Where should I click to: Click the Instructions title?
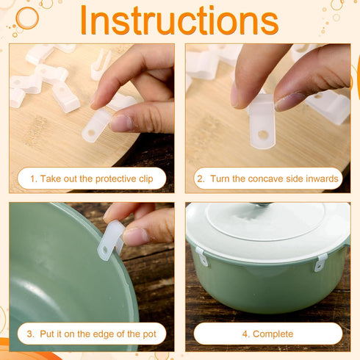click(x=179, y=21)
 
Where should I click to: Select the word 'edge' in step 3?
click(x=105, y=334)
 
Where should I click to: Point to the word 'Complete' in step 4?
click(x=273, y=334)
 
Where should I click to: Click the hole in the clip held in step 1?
click(x=91, y=134)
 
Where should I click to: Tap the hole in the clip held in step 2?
click(x=263, y=134)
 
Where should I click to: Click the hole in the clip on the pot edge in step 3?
click(x=105, y=251)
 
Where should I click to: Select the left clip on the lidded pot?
click(x=203, y=256)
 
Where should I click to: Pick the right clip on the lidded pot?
click(x=321, y=262)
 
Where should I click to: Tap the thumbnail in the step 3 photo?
click(x=135, y=237)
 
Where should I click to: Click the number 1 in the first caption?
click(x=33, y=179)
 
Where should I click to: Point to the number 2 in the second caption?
click(x=201, y=179)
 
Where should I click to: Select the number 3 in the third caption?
click(x=30, y=334)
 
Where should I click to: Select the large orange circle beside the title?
click(x=27, y=18)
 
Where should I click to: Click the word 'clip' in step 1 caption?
click(x=146, y=179)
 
